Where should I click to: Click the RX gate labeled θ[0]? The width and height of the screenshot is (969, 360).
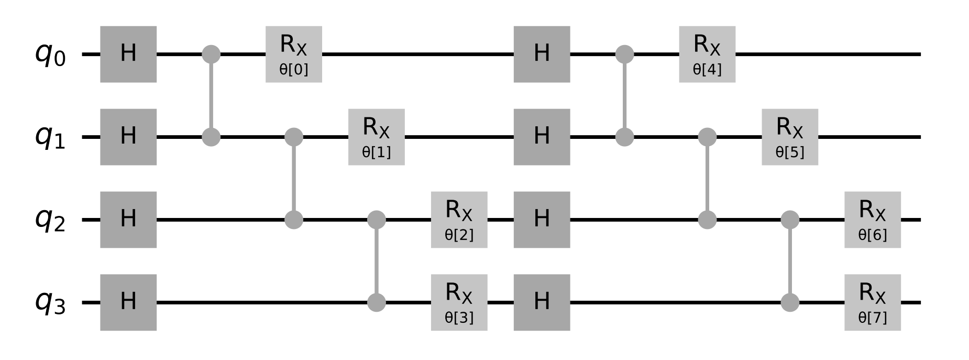(x=293, y=54)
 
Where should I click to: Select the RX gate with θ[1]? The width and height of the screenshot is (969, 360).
(x=376, y=137)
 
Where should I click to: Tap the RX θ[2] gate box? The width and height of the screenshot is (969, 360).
(x=459, y=220)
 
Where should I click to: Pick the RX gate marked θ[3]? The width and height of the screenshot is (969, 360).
(x=459, y=302)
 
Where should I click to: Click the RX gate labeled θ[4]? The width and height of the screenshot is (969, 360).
(x=707, y=54)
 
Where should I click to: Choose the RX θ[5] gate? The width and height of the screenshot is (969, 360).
(x=790, y=137)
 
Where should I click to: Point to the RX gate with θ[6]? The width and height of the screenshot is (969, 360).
(x=873, y=220)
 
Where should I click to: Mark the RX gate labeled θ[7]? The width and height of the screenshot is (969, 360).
(x=873, y=302)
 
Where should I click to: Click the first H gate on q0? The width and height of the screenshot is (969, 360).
(x=128, y=54)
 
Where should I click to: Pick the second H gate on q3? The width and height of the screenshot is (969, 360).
(x=542, y=302)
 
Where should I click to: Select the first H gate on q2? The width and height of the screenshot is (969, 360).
(x=128, y=220)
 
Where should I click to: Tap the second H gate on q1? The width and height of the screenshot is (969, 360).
(x=542, y=137)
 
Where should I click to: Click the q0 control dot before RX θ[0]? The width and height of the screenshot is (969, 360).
(x=211, y=54)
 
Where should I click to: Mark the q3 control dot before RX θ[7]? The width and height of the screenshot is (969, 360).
(x=790, y=302)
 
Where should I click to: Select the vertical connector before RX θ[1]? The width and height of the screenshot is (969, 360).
(x=294, y=178)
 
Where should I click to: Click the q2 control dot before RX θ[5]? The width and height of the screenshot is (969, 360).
(x=707, y=220)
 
